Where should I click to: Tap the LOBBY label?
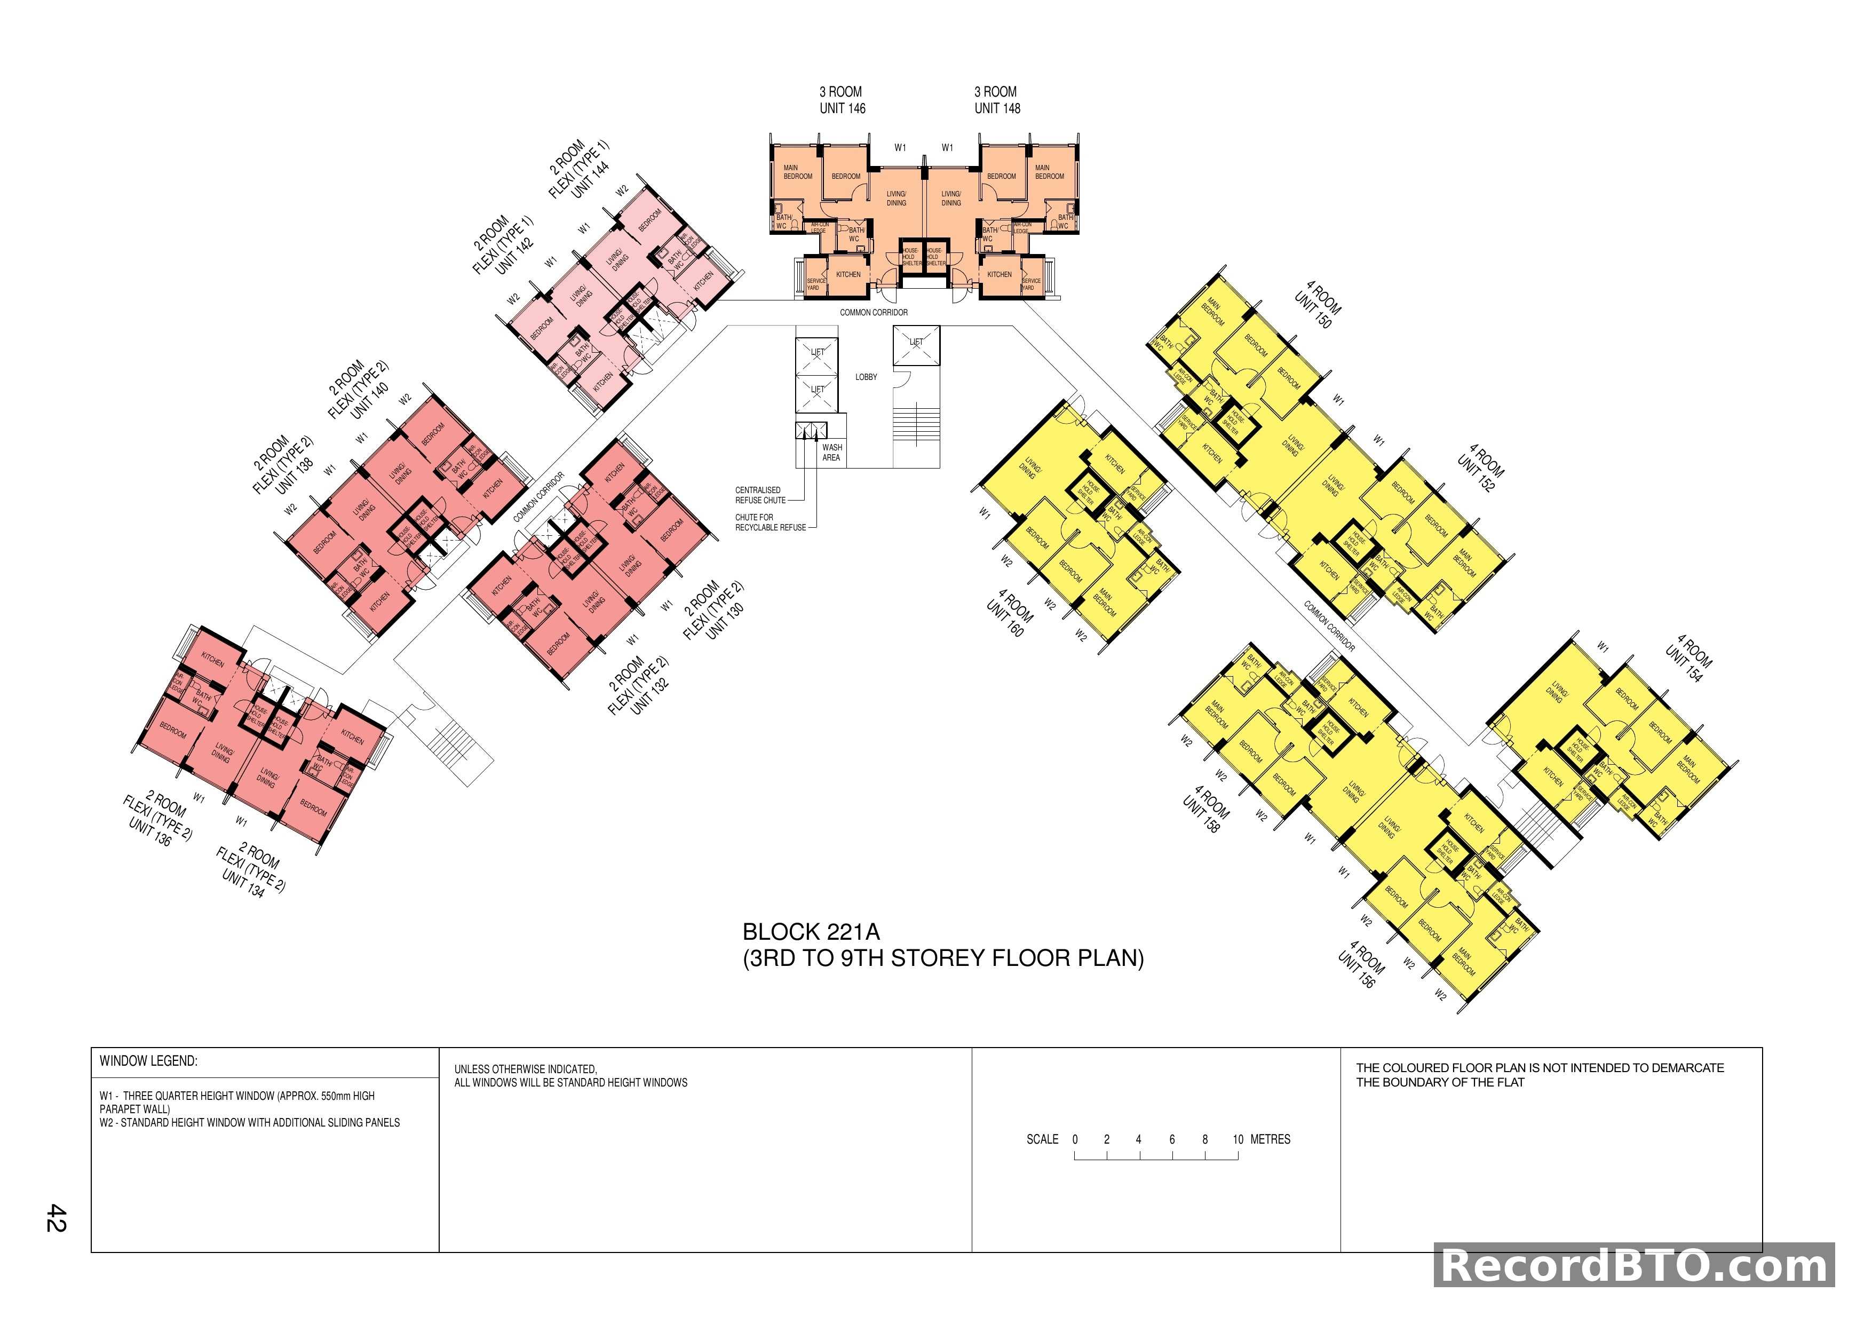click(x=866, y=377)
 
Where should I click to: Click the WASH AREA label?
click(x=831, y=453)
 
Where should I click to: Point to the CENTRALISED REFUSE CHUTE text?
click(x=760, y=495)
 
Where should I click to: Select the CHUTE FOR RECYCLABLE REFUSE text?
click(x=770, y=522)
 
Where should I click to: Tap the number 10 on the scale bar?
click(x=1238, y=1139)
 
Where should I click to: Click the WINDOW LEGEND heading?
click(x=148, y=1061)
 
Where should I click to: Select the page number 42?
click(x=56, y=1217)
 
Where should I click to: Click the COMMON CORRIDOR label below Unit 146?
click(x=873, y=312)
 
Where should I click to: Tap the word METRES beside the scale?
click(x=1270, y=1139)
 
